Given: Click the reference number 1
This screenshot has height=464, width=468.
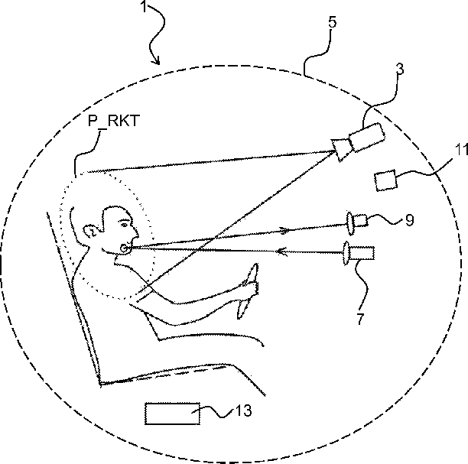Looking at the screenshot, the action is pos(144,7).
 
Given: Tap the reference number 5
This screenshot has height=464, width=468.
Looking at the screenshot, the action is pos(333,21).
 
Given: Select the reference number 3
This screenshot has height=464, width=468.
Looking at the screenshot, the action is pos(400,69).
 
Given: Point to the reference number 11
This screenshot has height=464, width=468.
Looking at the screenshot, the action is pos(461,149).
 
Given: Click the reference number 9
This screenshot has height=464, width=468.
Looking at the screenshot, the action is pos(410,220).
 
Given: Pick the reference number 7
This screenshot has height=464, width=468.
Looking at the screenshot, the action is pos(360,319).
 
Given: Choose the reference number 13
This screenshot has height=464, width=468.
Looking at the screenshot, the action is pos(244,410).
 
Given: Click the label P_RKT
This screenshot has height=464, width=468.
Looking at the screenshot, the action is pos(114,121).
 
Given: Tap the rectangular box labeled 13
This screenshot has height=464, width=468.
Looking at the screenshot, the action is pos(172,414).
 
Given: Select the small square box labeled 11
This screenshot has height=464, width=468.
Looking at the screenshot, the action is pos(386,180).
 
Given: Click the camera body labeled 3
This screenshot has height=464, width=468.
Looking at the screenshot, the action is pos(366,137).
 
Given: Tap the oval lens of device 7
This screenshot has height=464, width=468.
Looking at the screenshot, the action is pos(346,253).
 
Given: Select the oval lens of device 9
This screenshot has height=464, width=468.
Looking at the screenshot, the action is pos(349,223).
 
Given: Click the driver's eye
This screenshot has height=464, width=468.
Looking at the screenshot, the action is pos(124,225).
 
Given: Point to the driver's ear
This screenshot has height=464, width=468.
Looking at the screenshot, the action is pos(90,231).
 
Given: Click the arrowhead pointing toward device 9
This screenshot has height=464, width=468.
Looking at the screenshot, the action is pos(284,230).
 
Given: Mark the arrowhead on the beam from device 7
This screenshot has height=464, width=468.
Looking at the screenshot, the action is pos(281,251).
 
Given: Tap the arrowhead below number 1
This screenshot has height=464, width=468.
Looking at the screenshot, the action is pos(156,60).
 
